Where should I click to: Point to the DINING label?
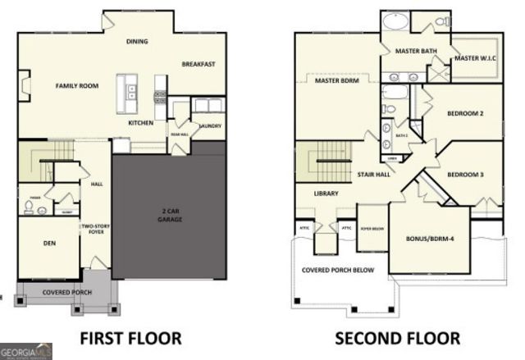[136, 41]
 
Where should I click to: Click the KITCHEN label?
[140, 123]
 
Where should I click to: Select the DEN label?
[48, 243]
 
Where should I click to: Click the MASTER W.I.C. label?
[477, 58]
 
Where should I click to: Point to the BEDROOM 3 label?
[465, 174]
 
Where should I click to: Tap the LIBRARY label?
[326, 194]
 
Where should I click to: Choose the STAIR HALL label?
[373, 174]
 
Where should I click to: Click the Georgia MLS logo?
[25, 351]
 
